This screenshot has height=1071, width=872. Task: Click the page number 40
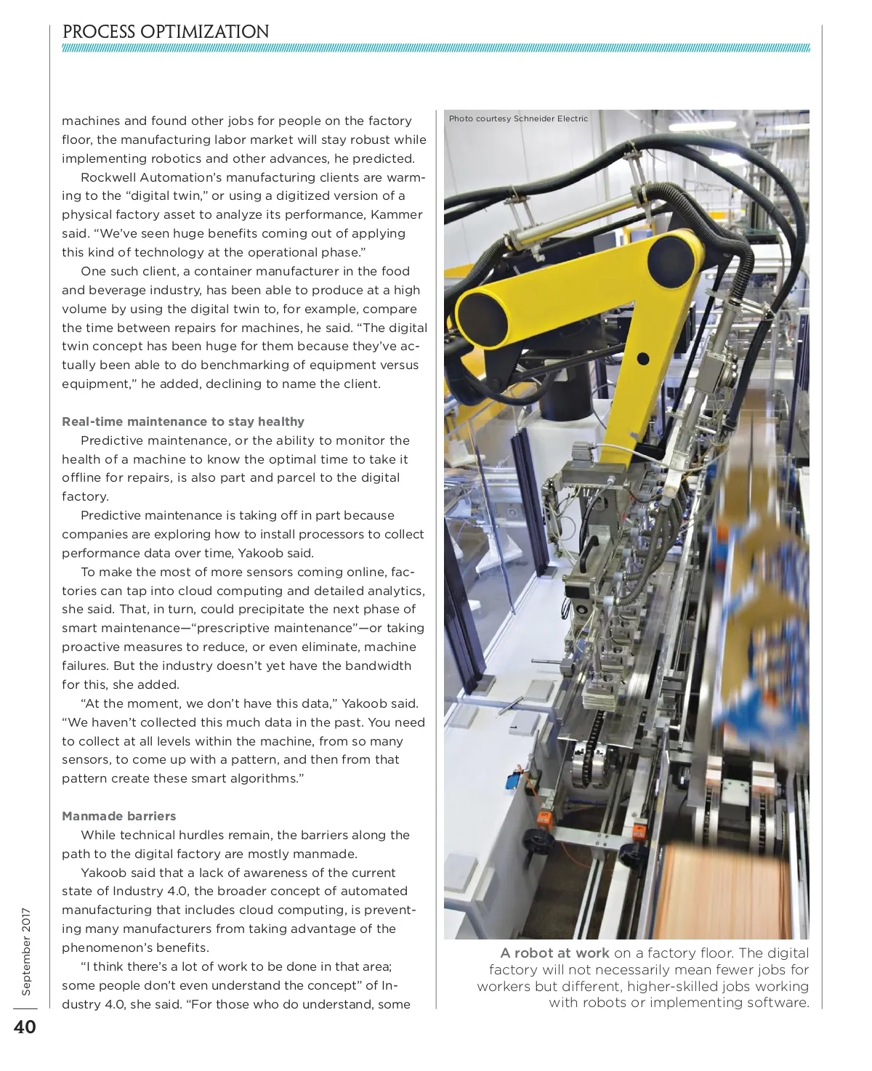click(24, 1027)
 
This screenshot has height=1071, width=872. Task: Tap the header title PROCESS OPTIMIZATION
click(166, 32)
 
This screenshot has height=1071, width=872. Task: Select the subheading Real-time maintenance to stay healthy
click(182, 421)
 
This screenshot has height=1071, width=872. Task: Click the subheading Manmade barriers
click(118, 816)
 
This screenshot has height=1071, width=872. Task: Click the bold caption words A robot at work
click(554, 953)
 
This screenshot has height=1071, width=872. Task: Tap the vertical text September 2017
click(26, 951)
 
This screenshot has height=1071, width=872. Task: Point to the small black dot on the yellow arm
click(642, 358)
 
